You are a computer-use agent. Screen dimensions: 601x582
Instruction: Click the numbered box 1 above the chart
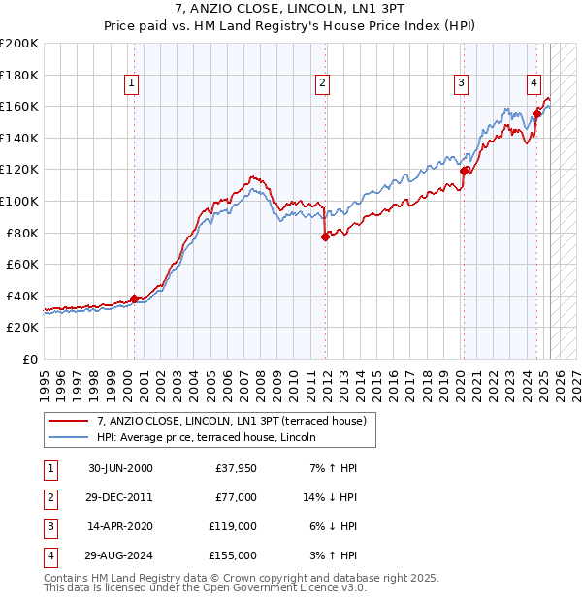(x=131, y=83)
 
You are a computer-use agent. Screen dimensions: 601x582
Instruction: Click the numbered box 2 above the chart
(x=321, y=83)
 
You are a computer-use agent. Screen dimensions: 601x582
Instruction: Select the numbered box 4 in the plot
(x=533, y=83)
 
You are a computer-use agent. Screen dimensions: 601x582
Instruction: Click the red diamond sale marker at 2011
(x=325, y=237)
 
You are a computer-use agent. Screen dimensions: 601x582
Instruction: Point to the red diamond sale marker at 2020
(x=464, y=171)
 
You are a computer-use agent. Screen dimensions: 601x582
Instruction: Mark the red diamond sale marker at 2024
(x=536, y=114)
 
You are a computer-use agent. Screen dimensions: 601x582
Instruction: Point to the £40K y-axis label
(x=22, y=296)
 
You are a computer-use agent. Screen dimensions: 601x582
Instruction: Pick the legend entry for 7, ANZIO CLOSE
(x=231, y=421)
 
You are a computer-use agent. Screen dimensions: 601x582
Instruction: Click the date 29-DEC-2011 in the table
(x=119, y=497)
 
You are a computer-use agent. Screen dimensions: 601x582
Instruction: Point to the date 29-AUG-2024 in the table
(x=119, y=555)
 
